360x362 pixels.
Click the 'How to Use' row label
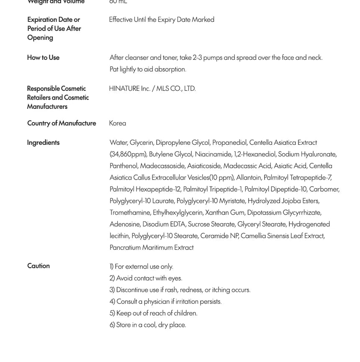pos(43,58)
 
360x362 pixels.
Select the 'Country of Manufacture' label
pos(62,123)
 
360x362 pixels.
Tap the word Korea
pos(118,123)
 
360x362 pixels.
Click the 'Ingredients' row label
pos(43,143)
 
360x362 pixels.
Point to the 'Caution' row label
pos(39,266)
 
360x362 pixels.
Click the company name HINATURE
pos(124,89)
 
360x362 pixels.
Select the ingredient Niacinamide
pos(213,154)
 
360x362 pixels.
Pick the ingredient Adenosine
pos(125,224)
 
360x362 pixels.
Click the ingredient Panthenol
pos(123,166)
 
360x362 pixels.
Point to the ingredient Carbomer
pos(324,189)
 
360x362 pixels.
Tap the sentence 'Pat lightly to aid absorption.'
pos(148,69)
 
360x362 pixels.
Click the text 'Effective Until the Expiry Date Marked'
pos(162,20)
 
